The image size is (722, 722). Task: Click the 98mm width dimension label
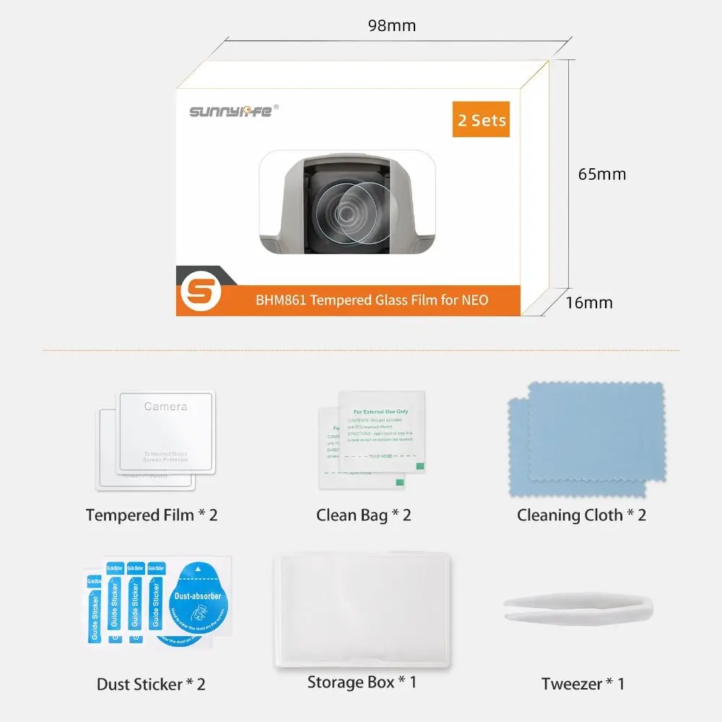pyautogui.click(x=391, y=26)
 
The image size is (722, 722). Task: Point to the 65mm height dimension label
pyautogui.click(x=601, y=174)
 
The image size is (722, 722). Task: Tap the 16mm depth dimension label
pyautogui.click(x=588, y=302)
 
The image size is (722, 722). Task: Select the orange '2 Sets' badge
pyautogui.click(x=482, y=119)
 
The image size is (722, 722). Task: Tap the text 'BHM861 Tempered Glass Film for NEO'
pyautogui.click(x=372, y=299)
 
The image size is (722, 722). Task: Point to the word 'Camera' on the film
pyautogui.click(x=165, y=406)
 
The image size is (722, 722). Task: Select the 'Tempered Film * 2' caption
pyautogui.click(x=152, y=515)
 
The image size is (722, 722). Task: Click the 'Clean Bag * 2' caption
pyautogui.click(x=363, y=515)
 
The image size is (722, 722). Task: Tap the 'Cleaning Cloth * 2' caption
pyautogui.click(x=581, y=515)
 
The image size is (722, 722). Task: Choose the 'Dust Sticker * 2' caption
pyautogui.click(x=151, y=683)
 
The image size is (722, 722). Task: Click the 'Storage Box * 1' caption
pyautogui.click(x=362, y=682)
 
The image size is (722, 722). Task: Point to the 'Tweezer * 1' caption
pyautogui.click(x=583, y=683)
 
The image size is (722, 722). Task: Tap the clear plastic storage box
pyautogui.click(x=363, y=610)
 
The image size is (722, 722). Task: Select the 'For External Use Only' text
pyautogui.click(x=380, y=412)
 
